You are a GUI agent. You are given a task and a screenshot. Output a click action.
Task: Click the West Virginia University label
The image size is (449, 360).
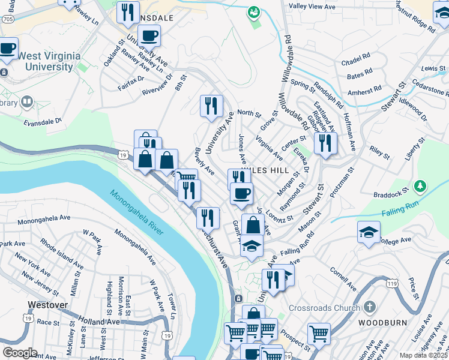point(49,61)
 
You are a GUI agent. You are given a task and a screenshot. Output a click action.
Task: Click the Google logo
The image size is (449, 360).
point(20,352)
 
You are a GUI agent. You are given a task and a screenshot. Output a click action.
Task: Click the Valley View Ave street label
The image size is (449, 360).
point(312,6)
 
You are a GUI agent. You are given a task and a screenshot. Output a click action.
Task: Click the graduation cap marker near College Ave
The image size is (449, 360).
point(369,232)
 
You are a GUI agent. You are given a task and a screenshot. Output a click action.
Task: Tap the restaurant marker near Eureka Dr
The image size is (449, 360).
point(325,143)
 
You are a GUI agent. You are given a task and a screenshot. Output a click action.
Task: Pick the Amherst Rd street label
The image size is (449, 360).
point(365,90)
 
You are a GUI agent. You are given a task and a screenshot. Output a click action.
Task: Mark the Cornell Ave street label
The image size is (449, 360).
point(343,278)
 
